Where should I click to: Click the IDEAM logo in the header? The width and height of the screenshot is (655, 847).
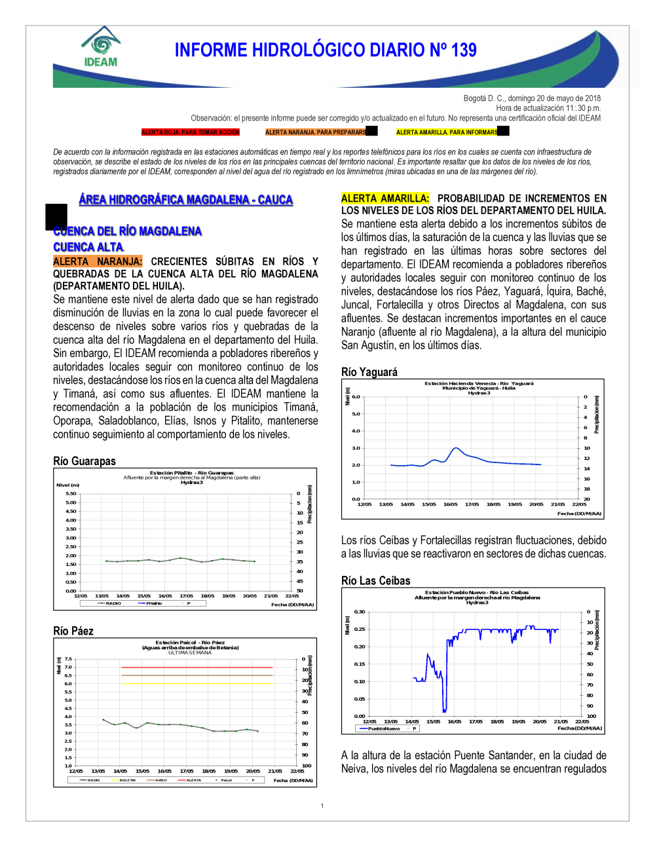click(101, 47)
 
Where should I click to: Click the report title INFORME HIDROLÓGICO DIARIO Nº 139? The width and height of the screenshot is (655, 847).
click(326, 50)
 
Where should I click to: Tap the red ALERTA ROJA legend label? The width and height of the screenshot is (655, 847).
click(191, 132)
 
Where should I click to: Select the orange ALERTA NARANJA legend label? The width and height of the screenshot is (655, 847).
click(316, 132)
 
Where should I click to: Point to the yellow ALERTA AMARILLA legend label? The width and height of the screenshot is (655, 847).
click(447, 132)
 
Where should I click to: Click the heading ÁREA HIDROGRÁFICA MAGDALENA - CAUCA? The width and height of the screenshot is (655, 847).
click(186, 200)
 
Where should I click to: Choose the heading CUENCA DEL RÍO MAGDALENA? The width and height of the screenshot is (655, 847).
click(128, 231)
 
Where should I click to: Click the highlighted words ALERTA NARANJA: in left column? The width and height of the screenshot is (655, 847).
click(98, 261)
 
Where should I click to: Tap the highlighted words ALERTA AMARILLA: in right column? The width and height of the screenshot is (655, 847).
click(385, 198)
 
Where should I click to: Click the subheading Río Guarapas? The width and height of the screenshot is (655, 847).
click(84, 461)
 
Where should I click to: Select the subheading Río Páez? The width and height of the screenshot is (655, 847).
click(73, 631)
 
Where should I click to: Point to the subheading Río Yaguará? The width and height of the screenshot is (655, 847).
click(369, 372)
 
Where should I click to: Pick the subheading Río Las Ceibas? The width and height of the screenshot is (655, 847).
click(376, 581)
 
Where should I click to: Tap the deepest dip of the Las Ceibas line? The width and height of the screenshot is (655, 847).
click(444, 711)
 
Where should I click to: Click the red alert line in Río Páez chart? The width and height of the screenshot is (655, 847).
click(196, 668)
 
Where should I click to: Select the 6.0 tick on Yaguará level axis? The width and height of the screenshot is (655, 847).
click(356, 397)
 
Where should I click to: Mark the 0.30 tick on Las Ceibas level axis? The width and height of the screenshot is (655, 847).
click(360, 612)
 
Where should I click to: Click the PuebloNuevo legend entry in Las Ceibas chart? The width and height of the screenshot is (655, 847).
click(383, 728)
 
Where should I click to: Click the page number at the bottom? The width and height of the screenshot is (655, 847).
click(322, 806)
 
